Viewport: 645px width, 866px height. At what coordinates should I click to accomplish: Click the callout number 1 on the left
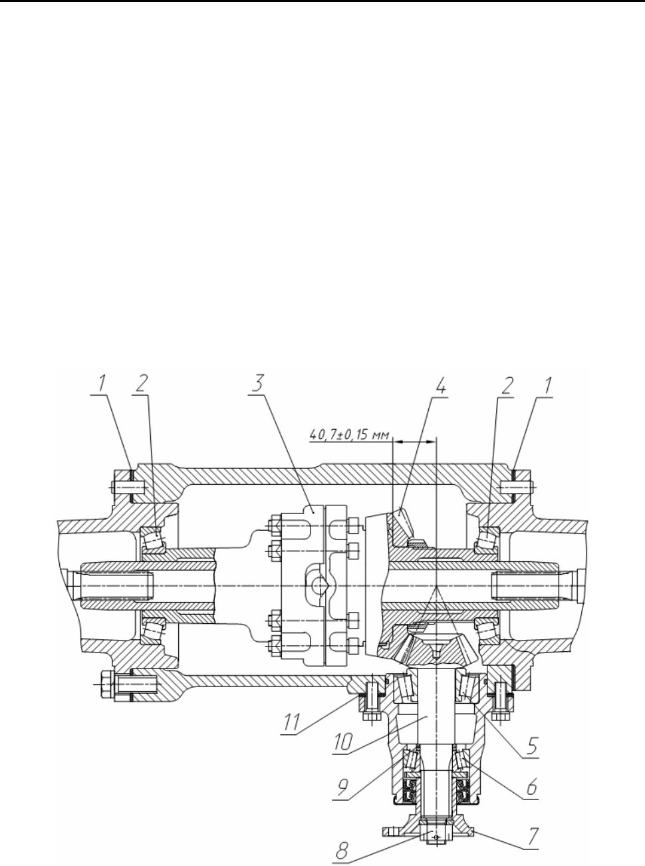pyautogui.click(x=102, y=383)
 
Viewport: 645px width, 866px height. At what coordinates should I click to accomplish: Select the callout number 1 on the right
pyautogui.click(x=548, y=386)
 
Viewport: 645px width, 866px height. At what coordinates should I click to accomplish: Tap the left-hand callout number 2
pyautogui.click(x=142, y=383)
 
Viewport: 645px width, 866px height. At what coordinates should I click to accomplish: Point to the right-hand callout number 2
pyautogui.click(x=507, y=386)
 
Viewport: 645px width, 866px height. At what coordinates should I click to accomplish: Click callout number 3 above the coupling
pyautogui.click(x=257, y=383)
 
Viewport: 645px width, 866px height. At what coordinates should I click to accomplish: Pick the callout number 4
pyautogui.click(x=441, y=386)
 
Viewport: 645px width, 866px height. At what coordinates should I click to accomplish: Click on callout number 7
pyautogui.click(x=533, y=836)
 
